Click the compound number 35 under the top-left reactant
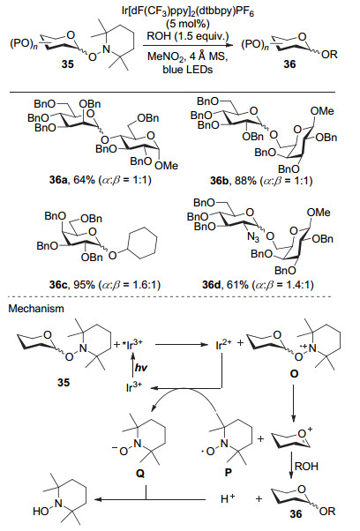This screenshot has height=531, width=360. click(x=68, y=64)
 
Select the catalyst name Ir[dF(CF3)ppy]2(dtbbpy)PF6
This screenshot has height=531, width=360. click(x=188, y=13)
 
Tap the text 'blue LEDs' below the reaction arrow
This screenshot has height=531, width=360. click(x=188, y=70)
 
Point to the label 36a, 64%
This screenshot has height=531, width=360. click(x=72, y=180)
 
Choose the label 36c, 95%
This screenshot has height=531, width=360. click(x=72, y=285)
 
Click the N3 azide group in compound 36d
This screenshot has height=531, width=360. click(x=253, y=237)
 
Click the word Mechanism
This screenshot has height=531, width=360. click(x=36, y=309)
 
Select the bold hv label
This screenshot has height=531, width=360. click(x=141, y=367)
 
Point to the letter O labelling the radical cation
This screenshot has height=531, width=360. click(x=295, y=373)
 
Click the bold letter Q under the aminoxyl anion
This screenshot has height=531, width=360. click(x=140, y=473)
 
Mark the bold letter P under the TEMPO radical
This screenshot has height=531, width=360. click(x=229, y=473)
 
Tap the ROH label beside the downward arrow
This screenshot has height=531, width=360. click(x=307, y=467)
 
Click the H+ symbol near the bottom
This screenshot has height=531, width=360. click(x=229, y=499)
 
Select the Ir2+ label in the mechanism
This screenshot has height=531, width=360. click(x=223, y=345)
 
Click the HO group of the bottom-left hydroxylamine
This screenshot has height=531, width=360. click(x=41, y=512)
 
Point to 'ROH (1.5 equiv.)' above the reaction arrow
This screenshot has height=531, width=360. click(x=188, y=36)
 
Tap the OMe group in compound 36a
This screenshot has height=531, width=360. click(x=166, y=165)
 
